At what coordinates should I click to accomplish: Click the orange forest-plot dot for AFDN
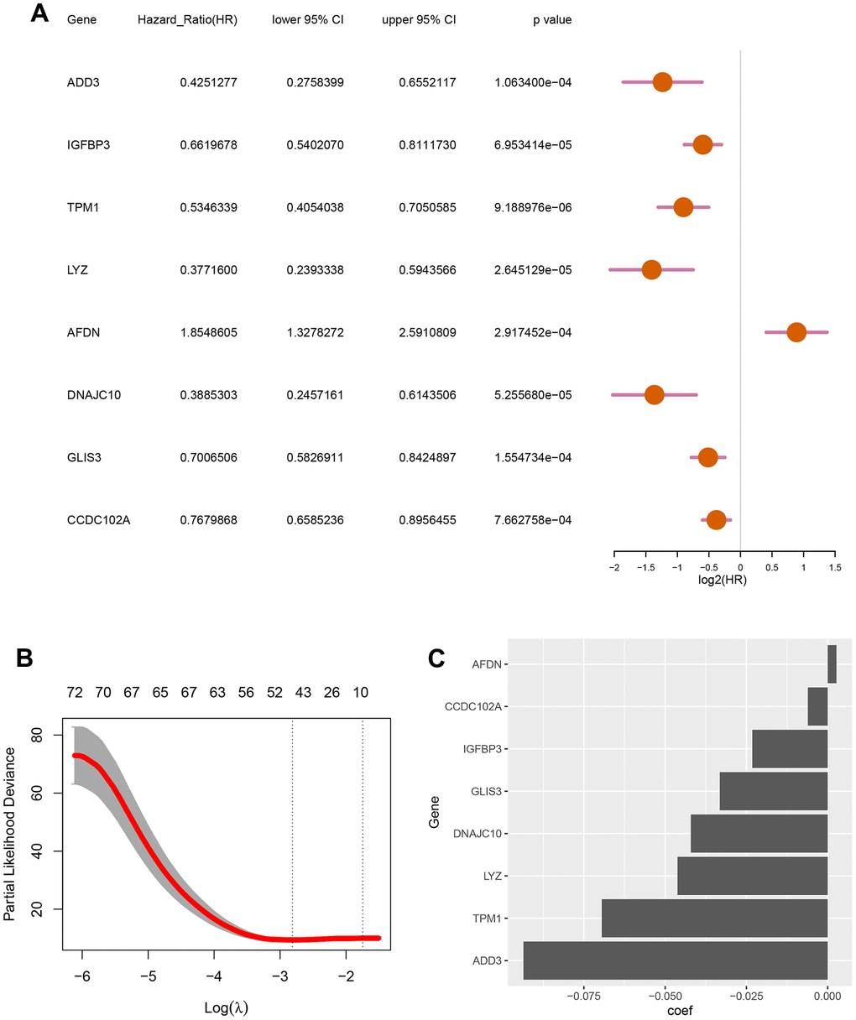[796, 332]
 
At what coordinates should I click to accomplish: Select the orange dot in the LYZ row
[651, 270]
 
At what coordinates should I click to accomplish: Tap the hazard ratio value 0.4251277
[208, 82]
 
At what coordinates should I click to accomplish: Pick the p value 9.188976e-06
[533, 207]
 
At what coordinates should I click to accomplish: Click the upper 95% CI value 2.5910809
[427, 332]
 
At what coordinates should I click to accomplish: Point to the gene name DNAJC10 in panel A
[94, 394]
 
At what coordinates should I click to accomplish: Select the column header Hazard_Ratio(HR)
[187, 19]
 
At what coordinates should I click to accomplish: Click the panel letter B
[25, 658]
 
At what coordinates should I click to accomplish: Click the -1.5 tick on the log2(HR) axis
[645, 566]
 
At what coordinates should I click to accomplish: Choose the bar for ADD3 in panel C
[676, 960]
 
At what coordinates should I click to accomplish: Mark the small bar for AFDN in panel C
[832, 664]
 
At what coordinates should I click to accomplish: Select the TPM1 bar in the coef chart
[715, 918]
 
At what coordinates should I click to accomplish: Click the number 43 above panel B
[303, 693]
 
